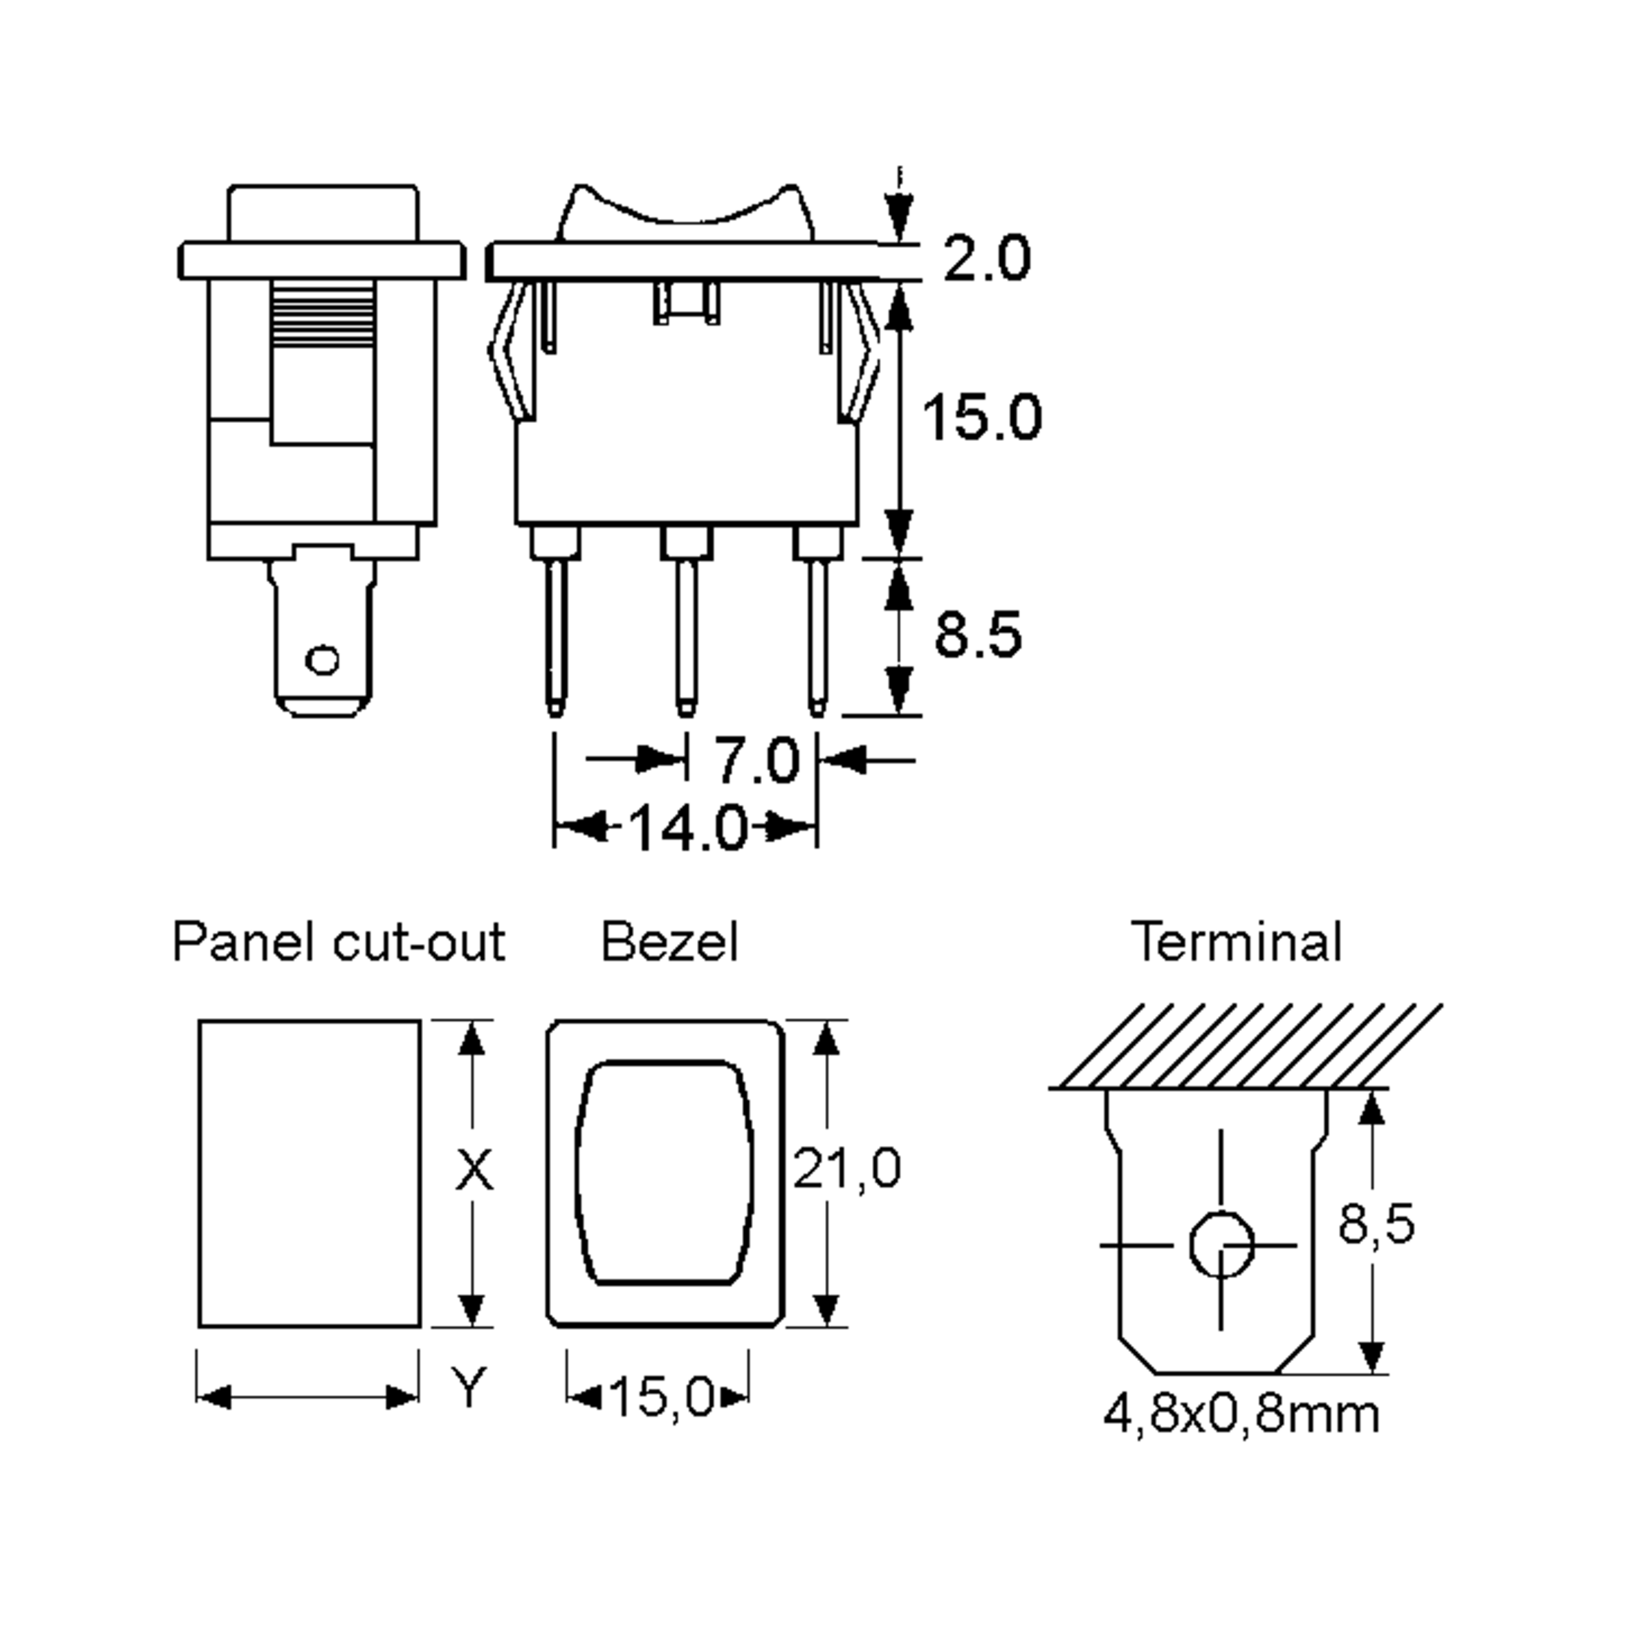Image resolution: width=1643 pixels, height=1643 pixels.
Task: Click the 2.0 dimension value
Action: coord(986,259)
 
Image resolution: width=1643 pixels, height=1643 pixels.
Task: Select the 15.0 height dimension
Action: coord(982,418)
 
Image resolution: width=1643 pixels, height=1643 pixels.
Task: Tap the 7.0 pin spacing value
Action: coord(756,759)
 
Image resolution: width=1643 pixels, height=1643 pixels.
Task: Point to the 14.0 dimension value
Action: coord(687,828)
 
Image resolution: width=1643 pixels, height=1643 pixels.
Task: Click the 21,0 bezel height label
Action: coord(846,1168)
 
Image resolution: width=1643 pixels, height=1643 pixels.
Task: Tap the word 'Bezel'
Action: coord(670,942)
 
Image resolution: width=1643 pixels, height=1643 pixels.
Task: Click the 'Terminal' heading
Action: coord(1236,942)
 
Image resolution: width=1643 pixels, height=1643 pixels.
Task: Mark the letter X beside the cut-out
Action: coord(474,1169)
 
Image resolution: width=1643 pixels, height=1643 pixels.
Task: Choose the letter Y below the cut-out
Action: coord(468,1387)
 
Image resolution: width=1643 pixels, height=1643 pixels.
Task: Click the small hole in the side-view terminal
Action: coord(322,659)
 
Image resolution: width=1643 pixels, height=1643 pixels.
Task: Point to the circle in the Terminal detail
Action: coord(1221,1245)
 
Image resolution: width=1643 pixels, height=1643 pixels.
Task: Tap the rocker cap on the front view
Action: coord(685,213)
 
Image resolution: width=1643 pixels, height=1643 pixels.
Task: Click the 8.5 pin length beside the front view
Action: coord(978,635)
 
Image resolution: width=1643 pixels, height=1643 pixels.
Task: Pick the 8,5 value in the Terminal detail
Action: coord(1376,1224)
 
